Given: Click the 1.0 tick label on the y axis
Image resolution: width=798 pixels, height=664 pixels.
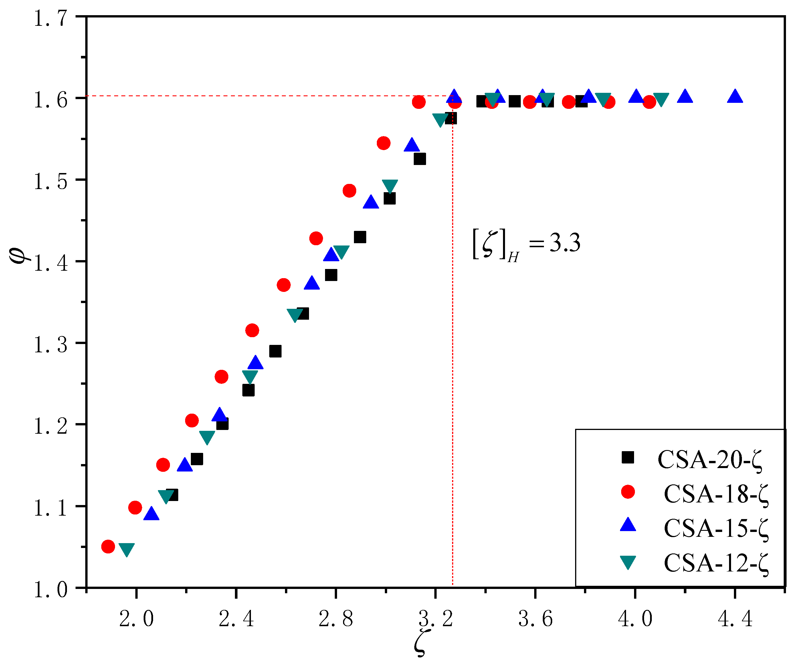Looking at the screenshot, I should coord(51,590).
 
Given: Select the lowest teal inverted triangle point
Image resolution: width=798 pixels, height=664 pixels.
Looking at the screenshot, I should coord(126,549).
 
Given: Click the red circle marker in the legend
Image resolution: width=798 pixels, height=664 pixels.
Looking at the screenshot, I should coord(628,492).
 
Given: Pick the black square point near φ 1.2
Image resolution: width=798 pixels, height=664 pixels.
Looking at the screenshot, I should coord(222,423).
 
